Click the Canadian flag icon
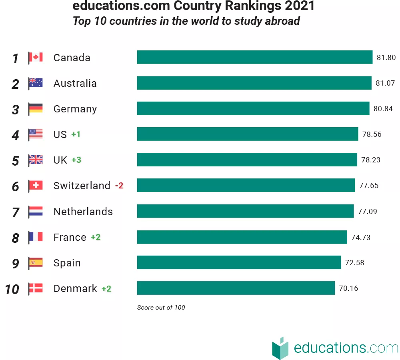(36, 58)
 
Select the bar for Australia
(254, 83)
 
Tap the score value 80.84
(383, 109)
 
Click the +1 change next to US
(76, 134)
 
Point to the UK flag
(36, 160)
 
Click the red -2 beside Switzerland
(119, 186)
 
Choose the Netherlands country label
(83, 211)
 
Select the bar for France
(242, 237)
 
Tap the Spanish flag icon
(36, 263)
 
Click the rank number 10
(12, 289)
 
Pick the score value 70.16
(348, 288)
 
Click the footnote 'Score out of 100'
(161, 308)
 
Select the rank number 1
(15, 58)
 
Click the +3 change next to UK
(76, 160)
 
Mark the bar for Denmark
(236, 288)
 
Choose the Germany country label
(75, 109)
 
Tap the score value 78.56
(372, 134)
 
